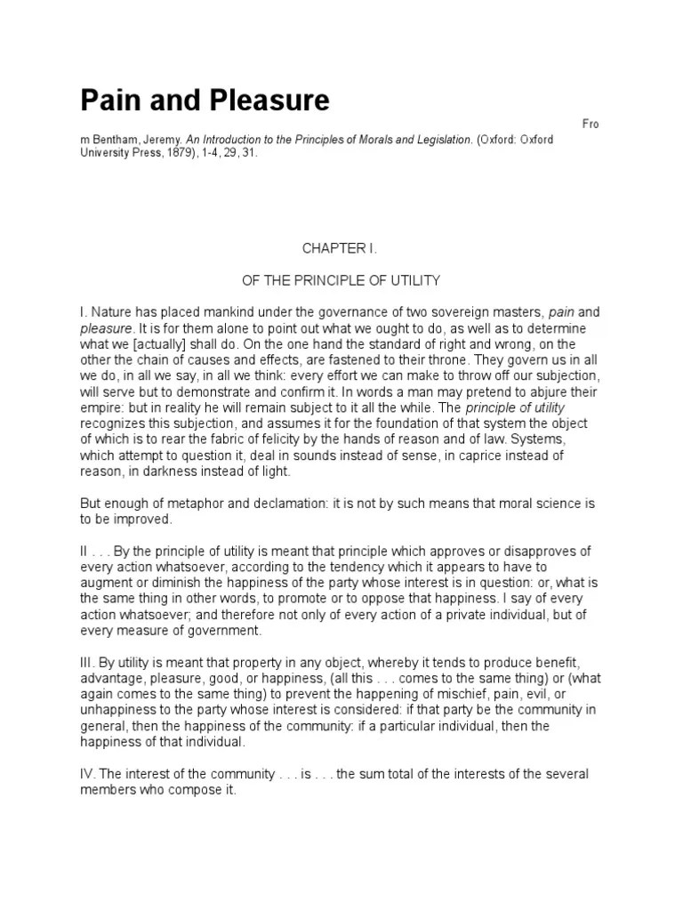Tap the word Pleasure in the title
click(268, 100)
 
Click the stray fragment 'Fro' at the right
click(591, 124)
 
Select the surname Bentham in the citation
click(121, 140)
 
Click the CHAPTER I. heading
click(341, 249)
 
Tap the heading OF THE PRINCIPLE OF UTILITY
click(341, 280)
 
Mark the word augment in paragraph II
click(109, 583)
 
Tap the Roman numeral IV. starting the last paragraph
click(89, 774)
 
